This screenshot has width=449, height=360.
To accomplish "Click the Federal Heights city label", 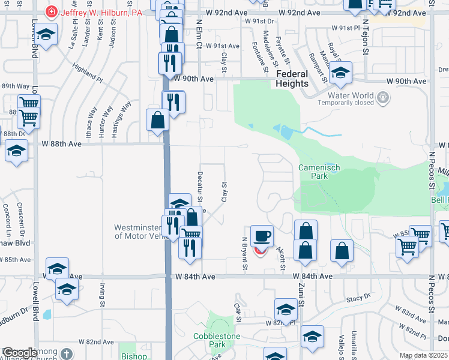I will (292, 79).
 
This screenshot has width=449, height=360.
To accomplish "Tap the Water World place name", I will (351, 95).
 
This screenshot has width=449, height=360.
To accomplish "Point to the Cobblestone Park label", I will (217, 340).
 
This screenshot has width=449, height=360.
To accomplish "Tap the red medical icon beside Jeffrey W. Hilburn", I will (52, 11).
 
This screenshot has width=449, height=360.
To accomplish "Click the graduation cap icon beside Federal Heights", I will (341, 74).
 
